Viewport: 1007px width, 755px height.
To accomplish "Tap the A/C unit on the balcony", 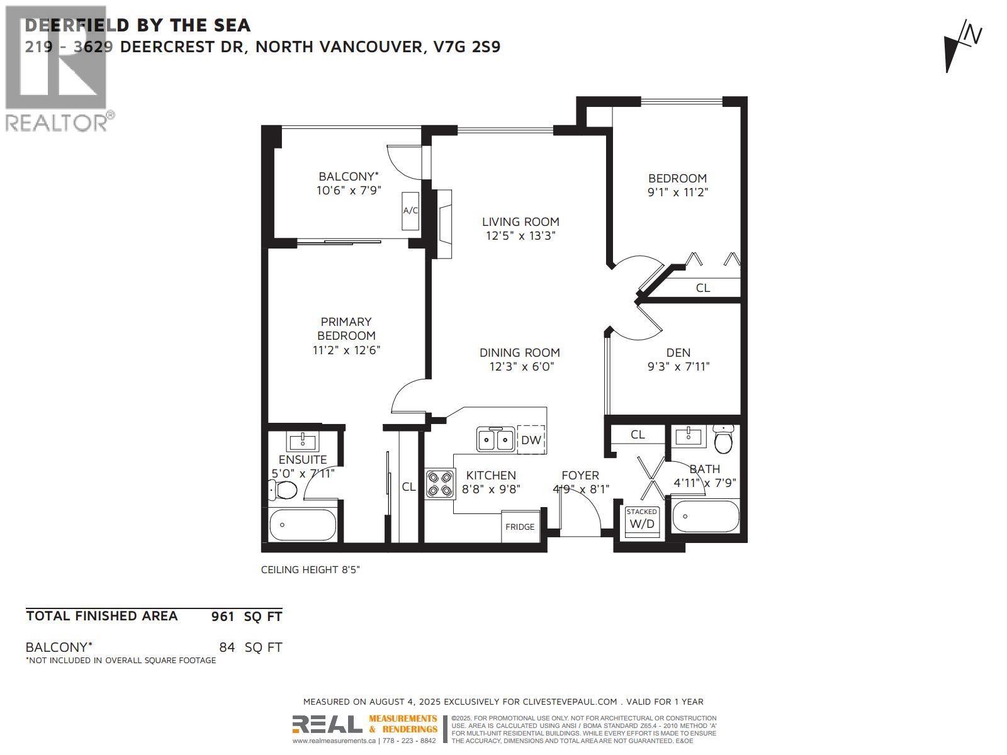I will click(410, 210).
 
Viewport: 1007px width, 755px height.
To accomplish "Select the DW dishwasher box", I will click(531, 440).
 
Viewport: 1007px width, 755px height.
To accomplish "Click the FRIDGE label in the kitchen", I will click(520, 527).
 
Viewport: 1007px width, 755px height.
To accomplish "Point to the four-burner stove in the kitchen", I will click(440, 484).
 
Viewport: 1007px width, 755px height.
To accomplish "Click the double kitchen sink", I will click(495, 439).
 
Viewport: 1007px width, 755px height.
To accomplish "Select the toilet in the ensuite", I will click(284, 489).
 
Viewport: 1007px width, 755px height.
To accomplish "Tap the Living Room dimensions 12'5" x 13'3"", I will click(520, 236).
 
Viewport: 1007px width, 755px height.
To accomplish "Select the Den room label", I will click(678, 352).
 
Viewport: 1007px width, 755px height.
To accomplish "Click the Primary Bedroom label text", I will click(346, 328).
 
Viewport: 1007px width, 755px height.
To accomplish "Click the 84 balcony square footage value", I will click(227, 647).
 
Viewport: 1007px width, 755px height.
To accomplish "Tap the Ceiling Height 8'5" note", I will click(310, 569).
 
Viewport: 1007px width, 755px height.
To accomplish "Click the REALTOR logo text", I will click(57, 122).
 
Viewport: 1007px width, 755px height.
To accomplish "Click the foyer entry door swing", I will click(582, 513).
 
